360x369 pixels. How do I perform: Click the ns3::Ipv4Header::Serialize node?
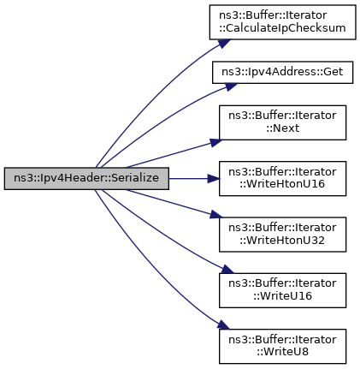pyautogui.click(x=86, y=179)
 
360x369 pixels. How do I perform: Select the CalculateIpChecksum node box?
pyautogui.click(x=282, y=22)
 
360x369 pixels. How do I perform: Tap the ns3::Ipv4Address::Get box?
pyautogui.click(x=282, y=72)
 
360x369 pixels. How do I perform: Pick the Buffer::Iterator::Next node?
pyautogui.click(x=282, y=122)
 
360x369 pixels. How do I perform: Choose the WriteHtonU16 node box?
pyautogui.click(x=282, y=179)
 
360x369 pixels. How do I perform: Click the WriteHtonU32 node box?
pyautogui.click(x=282, y=235)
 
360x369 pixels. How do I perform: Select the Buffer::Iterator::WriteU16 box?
pyautogui.click(x=282, y=290)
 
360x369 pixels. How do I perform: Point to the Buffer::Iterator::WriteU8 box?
pyautogui.click(x=282, y=346)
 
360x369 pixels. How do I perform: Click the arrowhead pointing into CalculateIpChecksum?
pyautogui.click(x=224, y=44)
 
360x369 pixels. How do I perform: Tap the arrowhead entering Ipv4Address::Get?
pyautogui.click(x=231, y=86)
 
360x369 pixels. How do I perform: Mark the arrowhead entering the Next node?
pyautogui.click(x=215, y=142)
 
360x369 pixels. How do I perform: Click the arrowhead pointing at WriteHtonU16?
pyautogui.click(x=214, y=179)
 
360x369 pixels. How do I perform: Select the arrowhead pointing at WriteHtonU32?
pyautogui.click(x=216, y=215)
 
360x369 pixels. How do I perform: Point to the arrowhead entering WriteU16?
pyautogui.click(x=227, y=270)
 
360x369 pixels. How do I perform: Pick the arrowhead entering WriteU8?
pyautogui.click(x=223, y=324)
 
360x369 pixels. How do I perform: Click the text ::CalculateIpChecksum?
pyautogui.click(x=282, y=28)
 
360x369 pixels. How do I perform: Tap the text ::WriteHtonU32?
pyautogui.click(x=282, y=241)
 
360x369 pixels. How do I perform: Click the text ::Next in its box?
pyautogui.click(x=283, y=128)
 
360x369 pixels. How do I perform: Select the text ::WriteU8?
pyautogui.click(x=282, y=352)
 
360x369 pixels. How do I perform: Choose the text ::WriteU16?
pyautogui.click(x=282, y=296)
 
